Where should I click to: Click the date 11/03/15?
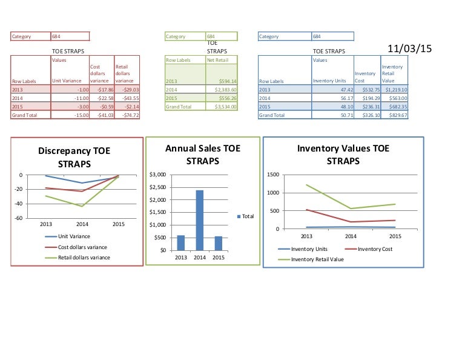(x=409, y=49)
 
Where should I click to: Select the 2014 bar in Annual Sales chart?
(x=199, y=220)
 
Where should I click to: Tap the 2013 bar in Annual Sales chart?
(x=180, y=242)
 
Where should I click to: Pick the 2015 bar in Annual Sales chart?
(x=218, y=243)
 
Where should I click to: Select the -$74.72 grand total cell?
(x=127, y=115)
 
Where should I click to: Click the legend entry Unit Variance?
(x=74, y=236)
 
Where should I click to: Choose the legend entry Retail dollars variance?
(x=84, y=257)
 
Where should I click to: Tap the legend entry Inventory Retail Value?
(x=317, y=259)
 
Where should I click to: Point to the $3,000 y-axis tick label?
(x=157, y=175)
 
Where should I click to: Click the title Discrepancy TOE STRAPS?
(x=74, y=157)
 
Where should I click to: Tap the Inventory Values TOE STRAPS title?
(x=343, y=154)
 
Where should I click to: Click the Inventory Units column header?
(x=329, y=81)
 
